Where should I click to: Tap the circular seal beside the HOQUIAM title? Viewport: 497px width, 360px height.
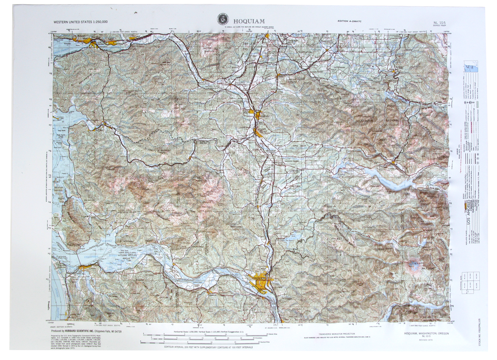click(223, 20)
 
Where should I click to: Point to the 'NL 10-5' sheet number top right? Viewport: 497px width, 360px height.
click(438, 21)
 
